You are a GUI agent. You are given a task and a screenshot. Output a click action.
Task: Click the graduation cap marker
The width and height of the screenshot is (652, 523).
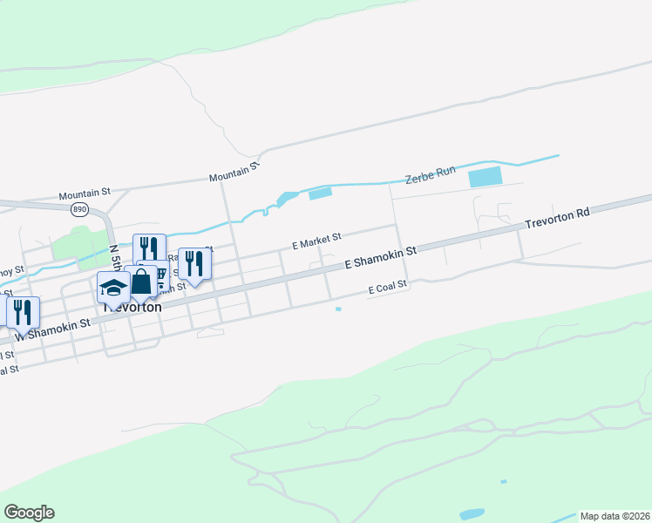pos(113,287)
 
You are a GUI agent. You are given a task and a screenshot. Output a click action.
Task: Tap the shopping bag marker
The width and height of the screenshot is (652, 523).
pos(140,281)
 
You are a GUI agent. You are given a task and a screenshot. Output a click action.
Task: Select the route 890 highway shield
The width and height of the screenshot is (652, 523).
pos(80,209)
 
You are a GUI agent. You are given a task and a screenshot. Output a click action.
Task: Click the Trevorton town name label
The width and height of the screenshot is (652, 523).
pos(132,308)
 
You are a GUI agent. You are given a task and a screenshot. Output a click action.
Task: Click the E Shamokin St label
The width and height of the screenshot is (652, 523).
pos(382,256)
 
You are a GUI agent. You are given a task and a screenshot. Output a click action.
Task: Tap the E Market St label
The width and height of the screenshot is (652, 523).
pos(316,241)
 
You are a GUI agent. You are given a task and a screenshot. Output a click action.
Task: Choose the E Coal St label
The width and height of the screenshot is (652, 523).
pos(388,288)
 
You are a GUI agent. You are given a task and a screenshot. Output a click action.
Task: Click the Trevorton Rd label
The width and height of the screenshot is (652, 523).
pos(558,219)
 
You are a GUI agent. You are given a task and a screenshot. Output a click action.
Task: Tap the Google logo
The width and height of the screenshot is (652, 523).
pos(29,513)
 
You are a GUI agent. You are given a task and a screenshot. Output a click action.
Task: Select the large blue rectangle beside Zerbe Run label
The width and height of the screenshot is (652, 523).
pos(486,177)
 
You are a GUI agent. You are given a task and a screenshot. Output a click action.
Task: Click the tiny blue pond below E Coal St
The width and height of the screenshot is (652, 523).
pos(338,309)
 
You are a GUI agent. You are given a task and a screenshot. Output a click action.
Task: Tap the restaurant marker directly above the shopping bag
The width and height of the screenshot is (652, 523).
pos(149,248)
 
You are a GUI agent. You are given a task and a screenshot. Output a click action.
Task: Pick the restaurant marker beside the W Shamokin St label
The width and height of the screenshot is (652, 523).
pos(22,311)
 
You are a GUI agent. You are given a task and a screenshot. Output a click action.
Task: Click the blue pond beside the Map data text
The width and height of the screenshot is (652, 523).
pos(472,513)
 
